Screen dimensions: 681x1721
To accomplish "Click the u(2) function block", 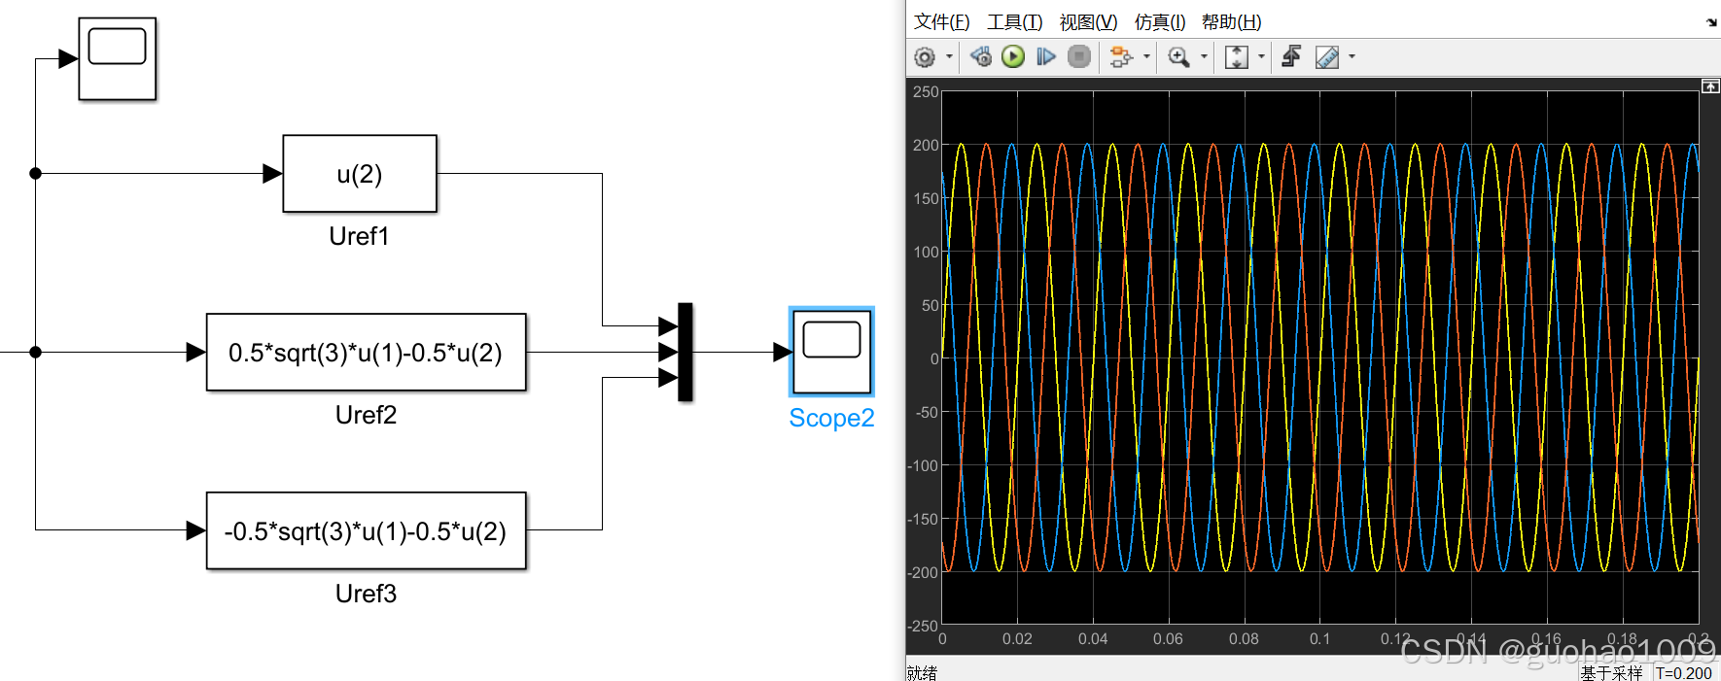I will click(360, 174).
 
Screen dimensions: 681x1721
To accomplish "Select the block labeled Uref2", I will click(366, 353).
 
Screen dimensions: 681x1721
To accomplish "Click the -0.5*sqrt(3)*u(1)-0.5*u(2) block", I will click(366, 531).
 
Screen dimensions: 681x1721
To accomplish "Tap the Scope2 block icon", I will click(831, 352).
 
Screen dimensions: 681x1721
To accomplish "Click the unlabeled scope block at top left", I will click(117, 58).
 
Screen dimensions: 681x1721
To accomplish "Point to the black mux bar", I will click(685, 352).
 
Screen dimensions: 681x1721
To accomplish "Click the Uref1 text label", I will click(359, 236).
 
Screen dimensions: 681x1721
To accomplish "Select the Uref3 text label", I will click(366, 594).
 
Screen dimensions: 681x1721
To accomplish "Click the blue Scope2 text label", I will click(831, 418).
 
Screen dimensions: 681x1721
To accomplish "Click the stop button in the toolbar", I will click(1078, 56).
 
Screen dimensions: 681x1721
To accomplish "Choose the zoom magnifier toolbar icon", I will click(1178, 56).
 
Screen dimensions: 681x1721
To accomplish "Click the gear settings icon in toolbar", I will click(925, 57).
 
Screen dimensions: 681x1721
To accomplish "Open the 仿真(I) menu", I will click(1159, 21).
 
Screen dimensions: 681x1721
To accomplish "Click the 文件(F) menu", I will click(941, 21).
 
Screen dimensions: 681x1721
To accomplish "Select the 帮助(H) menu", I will click(1231, 21).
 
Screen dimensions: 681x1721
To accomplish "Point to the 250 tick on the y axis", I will click(926, 92).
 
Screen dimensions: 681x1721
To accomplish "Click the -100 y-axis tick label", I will click(923, 465).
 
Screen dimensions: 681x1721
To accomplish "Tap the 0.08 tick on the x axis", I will click(1244, 638).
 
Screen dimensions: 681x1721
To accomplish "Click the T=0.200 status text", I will click(1684, 672).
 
